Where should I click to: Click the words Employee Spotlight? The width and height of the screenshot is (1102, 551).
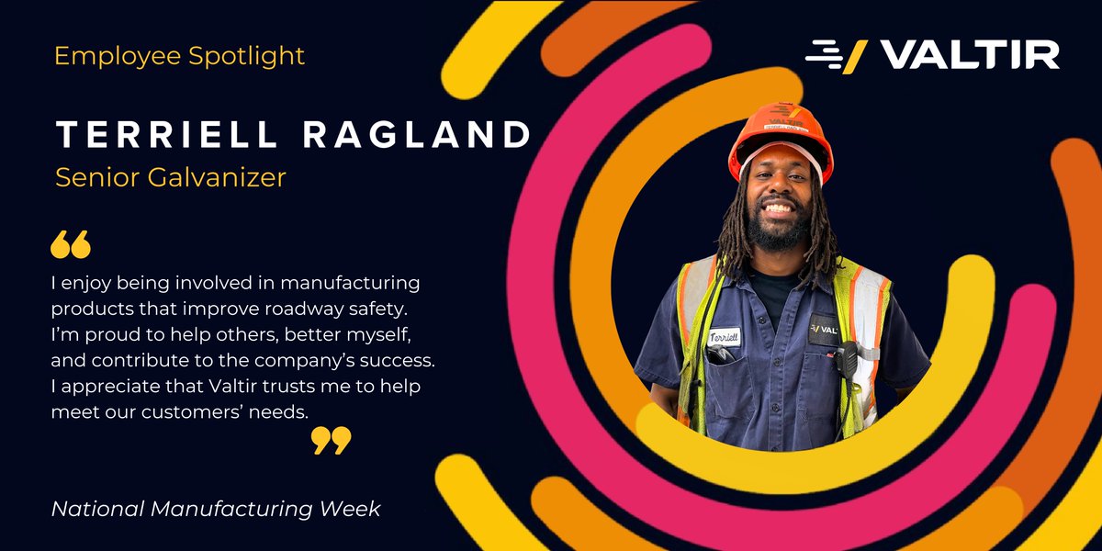[x=179, y=57]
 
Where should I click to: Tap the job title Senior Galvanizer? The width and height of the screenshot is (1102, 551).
[x=170, y=177]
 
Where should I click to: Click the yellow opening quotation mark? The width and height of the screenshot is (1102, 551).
[x=71, y=244]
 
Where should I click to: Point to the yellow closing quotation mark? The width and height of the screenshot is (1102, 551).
[x=331, y=440]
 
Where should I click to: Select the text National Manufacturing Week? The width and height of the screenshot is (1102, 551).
[x=216, y=508]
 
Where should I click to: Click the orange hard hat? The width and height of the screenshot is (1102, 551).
[x=781, y=138]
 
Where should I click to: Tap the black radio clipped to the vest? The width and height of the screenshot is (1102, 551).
[x=845, y=360]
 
